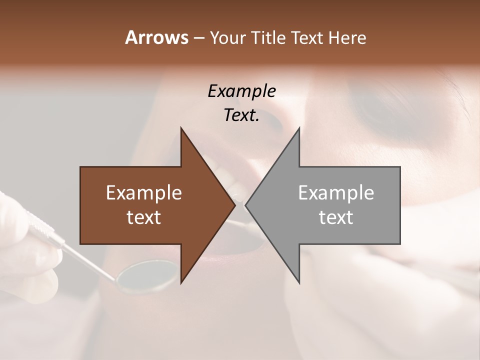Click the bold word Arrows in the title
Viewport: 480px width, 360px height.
click(156, 37)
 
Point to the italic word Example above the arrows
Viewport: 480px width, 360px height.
click(241, 91)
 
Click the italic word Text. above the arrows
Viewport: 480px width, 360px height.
click(241, 115)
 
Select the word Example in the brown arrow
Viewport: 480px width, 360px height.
click(144, 193)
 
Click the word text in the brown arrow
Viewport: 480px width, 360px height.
click(144, 217)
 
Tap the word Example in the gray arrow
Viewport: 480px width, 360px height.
click(336, 193)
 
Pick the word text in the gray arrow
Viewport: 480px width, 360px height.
click(336, 217)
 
